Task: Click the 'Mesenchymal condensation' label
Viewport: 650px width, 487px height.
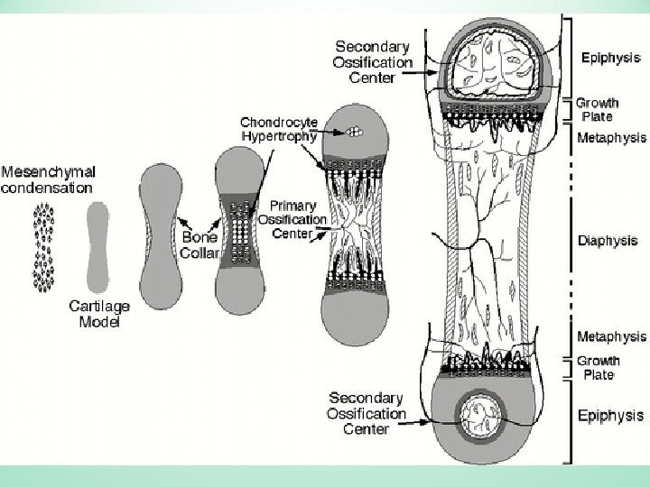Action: [47, 179]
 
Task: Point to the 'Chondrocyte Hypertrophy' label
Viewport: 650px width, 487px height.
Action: [278, 128]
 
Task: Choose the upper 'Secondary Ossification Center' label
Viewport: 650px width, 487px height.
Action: [374, 61]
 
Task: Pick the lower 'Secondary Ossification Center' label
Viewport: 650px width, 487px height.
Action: [367, 413]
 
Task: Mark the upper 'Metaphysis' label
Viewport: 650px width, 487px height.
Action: [611, 138]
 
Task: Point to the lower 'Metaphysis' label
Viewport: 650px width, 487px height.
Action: [611, 336]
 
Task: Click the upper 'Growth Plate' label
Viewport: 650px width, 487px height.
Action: [598, 109]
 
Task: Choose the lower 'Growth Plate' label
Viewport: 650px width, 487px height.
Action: [598, 367]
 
